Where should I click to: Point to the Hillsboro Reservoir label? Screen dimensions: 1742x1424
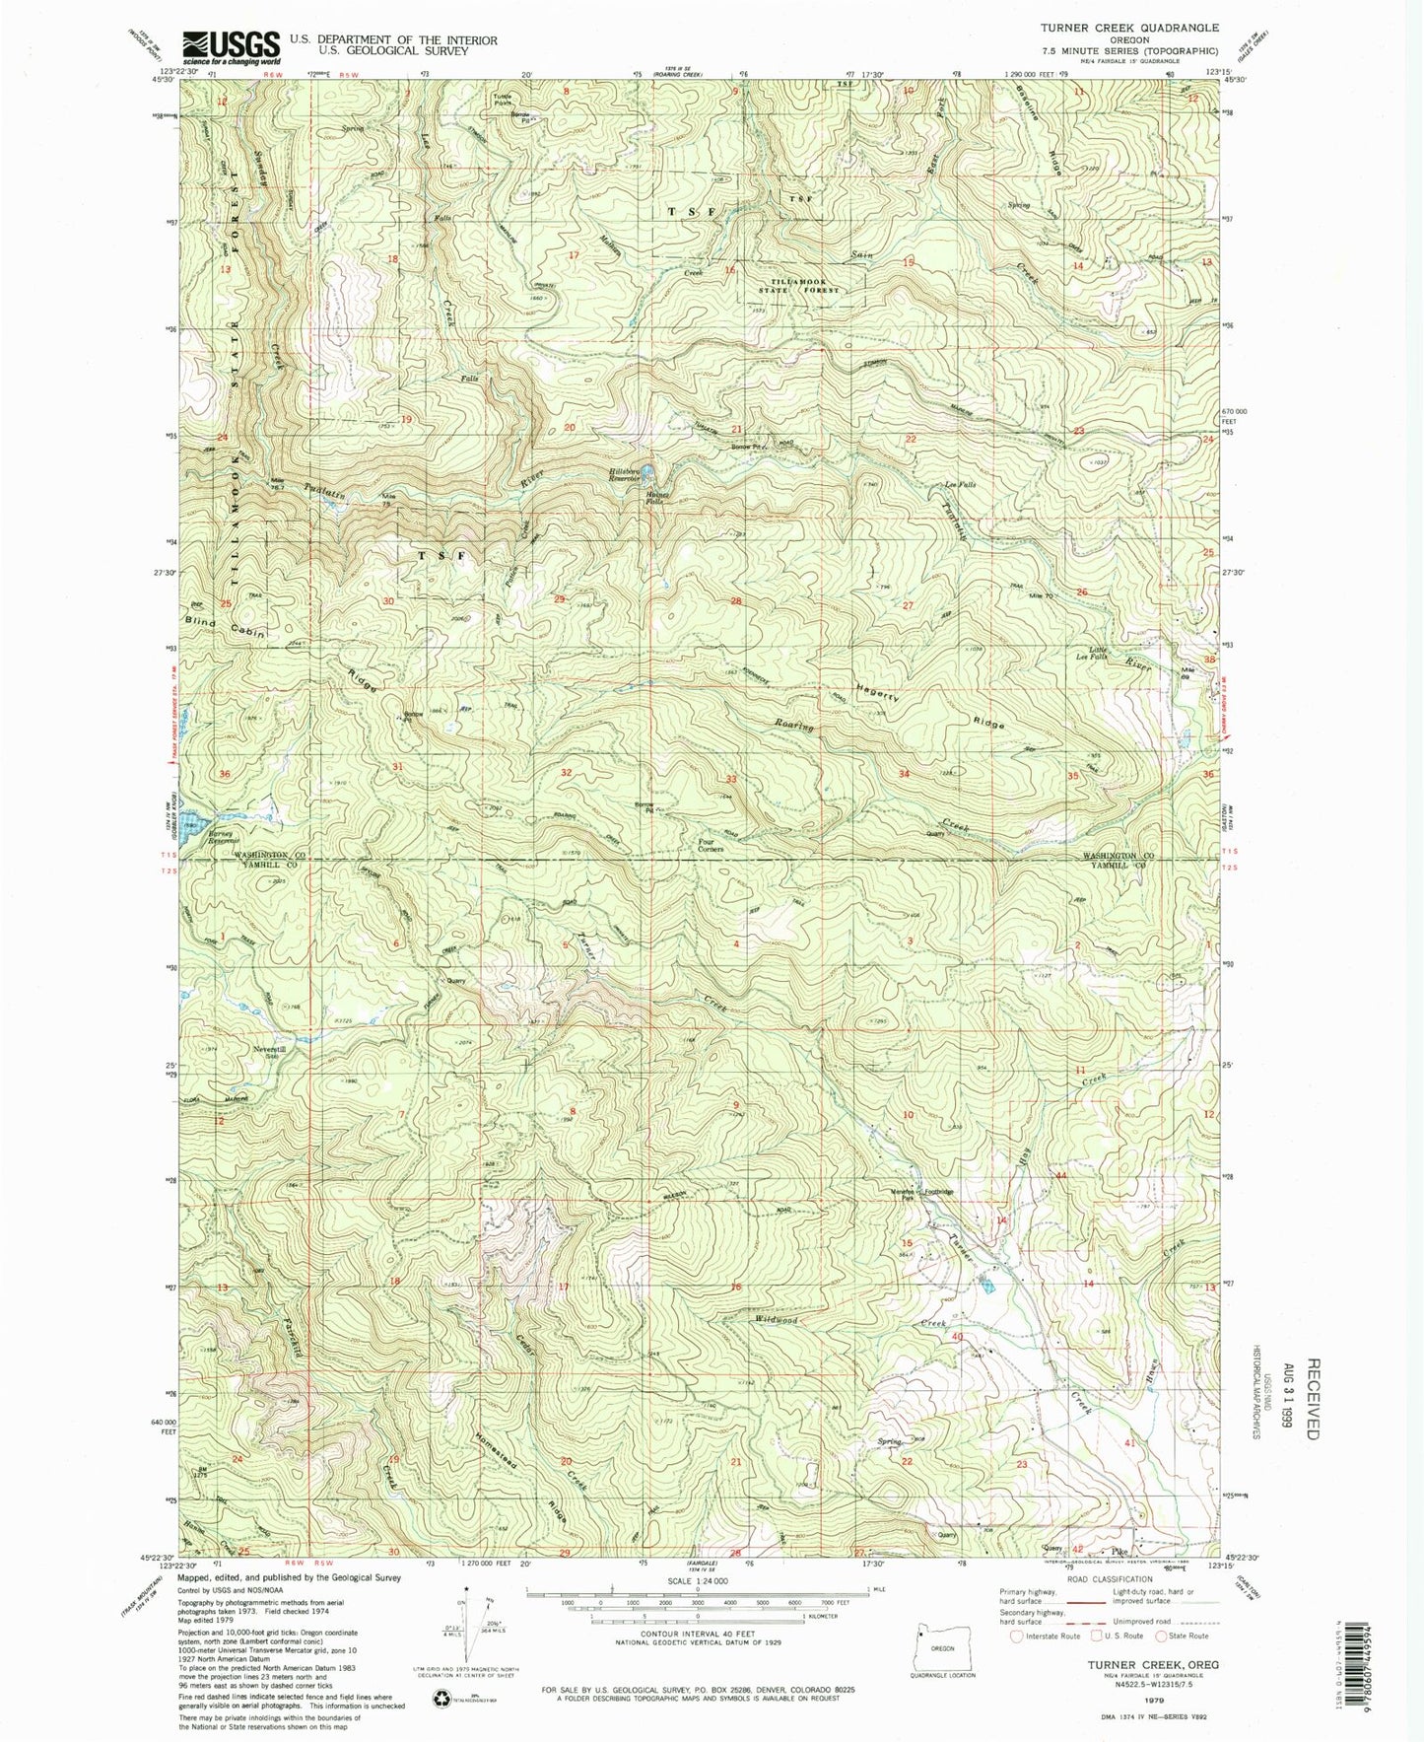628,475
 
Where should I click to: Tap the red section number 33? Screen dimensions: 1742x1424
731,779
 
